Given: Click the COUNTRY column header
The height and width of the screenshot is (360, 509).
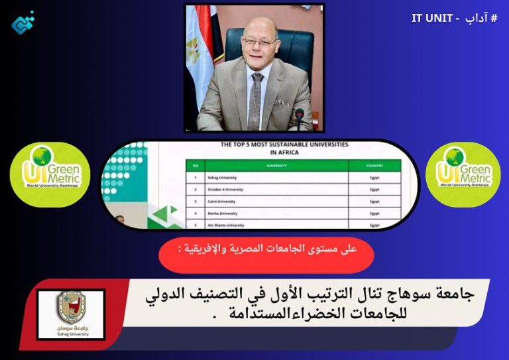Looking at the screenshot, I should pyautogui.click(x=374, y=166).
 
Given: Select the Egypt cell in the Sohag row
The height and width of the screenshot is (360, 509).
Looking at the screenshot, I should pyautogui.click(x=374, y=178).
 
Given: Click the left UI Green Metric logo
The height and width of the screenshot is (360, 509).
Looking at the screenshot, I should pyautogui.click(x=50, y=174).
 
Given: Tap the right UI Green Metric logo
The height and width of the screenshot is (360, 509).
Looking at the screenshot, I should pyautogui.click(x=462, y=174).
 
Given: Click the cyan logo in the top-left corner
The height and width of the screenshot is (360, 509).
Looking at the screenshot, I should pyautogui.click(x=23, y=23).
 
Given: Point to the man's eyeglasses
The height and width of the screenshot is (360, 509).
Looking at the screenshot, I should pyautogui.click(x=259, y=42).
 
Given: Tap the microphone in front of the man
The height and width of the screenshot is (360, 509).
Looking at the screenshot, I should pyautogui.click(x=300, y=119).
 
